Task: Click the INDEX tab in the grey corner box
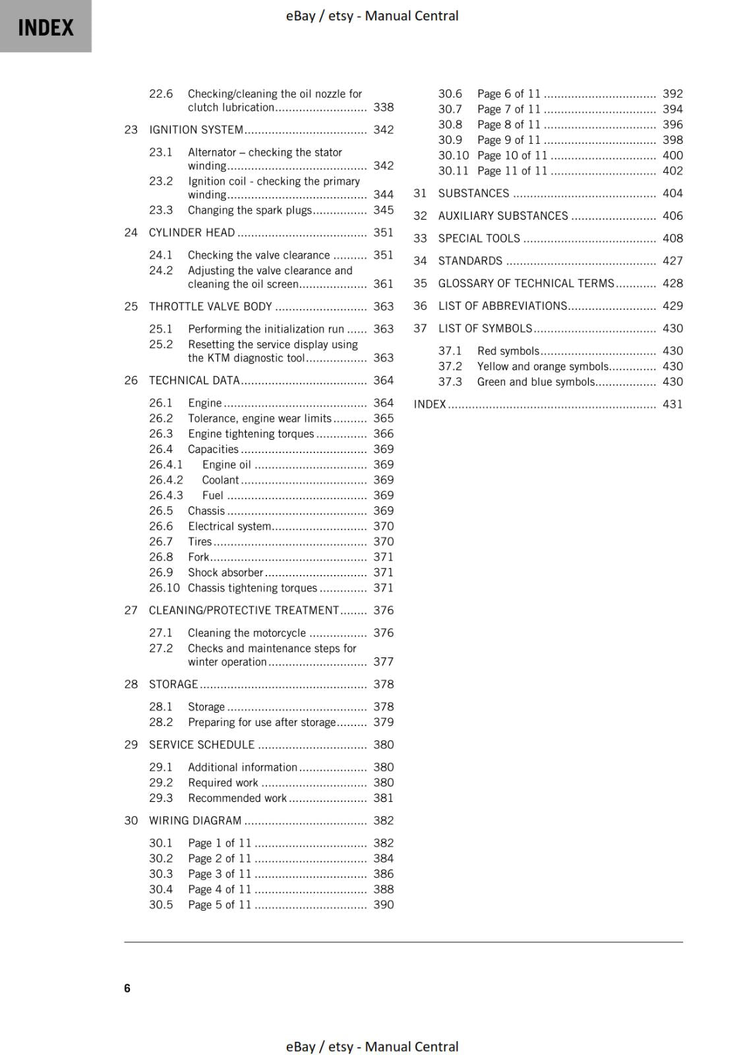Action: point(45,28)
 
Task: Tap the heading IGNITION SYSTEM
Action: point(196,130)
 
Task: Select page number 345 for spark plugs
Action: point(383,210)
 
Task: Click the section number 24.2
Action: point(160,270)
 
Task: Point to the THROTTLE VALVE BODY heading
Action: point(210,307)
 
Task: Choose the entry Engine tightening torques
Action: point(251,434)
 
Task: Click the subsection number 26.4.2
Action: point(165,480)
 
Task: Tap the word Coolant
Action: point(220,480)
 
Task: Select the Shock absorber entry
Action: point(225,572)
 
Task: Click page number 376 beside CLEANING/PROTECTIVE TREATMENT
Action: point(383,611)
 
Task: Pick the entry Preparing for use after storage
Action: point(262,723)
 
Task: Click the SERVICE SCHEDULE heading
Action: point(201,745)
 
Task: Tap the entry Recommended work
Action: point(237,799)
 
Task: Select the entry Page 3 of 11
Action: point(219,874)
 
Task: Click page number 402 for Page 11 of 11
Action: point(672,171)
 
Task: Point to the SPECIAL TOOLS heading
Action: point(479,239)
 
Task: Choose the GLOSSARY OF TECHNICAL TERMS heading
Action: point(525,284)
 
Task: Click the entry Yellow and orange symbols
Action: point(543,367)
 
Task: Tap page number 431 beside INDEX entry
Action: point(672,404)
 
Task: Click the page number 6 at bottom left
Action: point(127,988)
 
